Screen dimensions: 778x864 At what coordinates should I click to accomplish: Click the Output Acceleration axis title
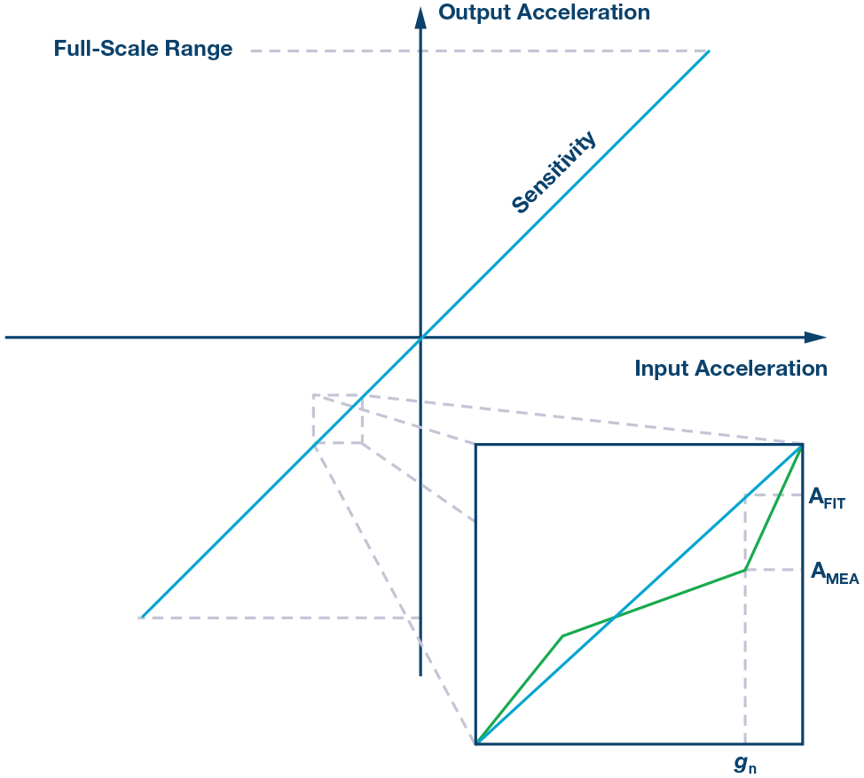[544, 12]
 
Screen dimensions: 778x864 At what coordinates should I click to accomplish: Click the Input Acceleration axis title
[730, 369]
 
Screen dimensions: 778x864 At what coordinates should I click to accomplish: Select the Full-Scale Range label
[143, 49]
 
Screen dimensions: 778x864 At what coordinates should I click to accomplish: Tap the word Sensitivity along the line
[554, 173]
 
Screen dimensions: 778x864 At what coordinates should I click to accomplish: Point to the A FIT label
[827, 499]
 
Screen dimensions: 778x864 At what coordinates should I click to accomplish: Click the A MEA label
[835, 573]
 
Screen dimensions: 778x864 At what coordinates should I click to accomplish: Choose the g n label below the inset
[744, 764]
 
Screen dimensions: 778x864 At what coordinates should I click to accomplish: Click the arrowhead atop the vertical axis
[420, 12]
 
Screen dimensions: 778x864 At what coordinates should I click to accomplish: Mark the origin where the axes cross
[420, 338]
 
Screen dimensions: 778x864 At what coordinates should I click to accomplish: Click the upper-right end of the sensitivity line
[709, 51]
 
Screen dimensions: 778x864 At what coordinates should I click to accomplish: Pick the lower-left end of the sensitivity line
[142, 617]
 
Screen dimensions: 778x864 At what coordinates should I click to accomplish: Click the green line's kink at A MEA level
[745, 570]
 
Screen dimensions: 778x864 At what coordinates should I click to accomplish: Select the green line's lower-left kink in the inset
[562, 635]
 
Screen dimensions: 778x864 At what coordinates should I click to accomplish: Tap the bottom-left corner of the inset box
[476, 743]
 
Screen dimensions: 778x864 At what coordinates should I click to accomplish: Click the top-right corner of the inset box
[803, 444]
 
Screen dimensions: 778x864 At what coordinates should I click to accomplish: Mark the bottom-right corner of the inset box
[803, 743]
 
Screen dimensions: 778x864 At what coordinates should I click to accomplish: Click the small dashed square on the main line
[337, 418]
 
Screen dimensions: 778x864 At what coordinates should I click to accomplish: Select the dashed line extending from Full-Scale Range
[479, 51]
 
